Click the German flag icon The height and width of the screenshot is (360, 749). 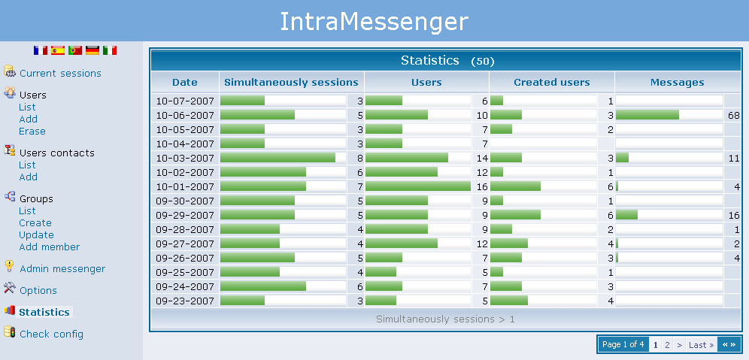point(92,50)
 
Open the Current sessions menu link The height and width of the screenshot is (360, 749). point(60,74)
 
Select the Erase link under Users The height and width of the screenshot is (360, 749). point(32,132)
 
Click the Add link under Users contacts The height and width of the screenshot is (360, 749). point(28,177)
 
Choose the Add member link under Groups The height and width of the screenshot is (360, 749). point(49,247)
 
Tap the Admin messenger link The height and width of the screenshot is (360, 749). point(62,269)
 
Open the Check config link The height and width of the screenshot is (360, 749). point(52,334)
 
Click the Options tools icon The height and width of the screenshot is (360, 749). point(10,288)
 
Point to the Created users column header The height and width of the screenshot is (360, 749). point(552,83)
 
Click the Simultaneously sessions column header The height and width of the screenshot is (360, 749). point(291,83)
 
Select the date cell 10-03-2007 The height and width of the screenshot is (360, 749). point(185,158)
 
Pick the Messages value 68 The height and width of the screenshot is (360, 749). point(734,116)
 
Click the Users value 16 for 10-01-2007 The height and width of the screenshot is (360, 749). point(483,187)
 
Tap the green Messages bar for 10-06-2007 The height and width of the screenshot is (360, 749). point(647,115)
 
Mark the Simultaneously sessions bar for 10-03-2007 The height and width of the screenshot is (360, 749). point(277,158)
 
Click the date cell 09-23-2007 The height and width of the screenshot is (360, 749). point(185,301)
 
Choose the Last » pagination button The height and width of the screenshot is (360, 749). point(701,345)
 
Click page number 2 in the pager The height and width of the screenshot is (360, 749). point(667,345)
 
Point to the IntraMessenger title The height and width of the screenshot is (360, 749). point(374,22)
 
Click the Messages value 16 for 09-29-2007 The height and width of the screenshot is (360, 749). point(734,216)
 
